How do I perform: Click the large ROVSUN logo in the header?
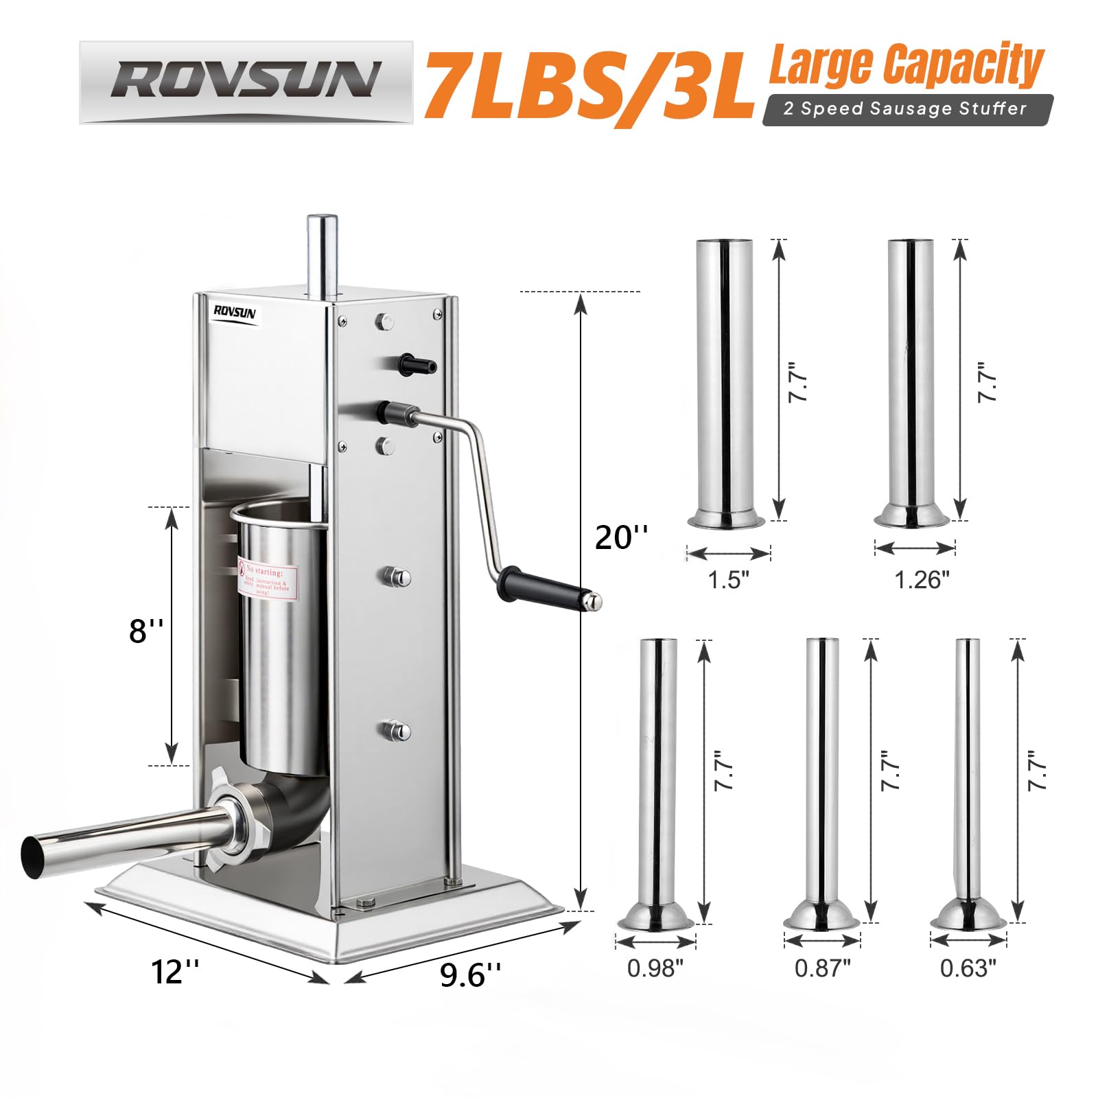[246, 81]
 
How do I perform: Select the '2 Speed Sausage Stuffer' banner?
[906, 109]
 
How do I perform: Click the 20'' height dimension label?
[621, 537]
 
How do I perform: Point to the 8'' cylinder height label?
[146, 630]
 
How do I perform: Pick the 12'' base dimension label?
[175, 972]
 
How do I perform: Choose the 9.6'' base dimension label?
[470, 974]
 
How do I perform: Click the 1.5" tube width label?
[728, 580]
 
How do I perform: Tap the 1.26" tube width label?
[922, 580]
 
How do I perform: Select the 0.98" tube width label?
[655, 968]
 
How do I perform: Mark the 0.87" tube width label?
[822, 968]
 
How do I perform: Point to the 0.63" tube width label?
[968, 968]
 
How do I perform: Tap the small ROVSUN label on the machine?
[235, 312]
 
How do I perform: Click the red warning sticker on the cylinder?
[268, 581]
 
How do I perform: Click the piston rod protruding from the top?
[321, 254]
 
